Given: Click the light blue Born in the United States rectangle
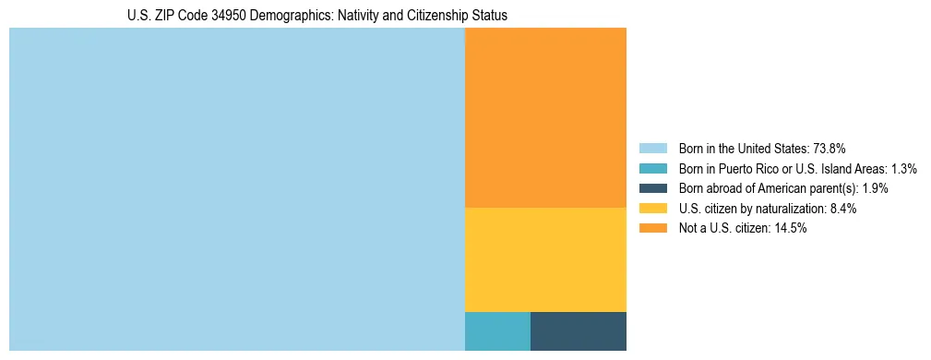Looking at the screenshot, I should [x=236, y=189].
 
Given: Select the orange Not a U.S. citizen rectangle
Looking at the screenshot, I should [x=545, y=117].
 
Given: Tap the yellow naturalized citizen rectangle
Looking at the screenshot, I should [x=545, y=259].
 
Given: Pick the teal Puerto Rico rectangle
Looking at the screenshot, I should [x=497, y=331].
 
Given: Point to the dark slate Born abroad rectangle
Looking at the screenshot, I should [x=579, y=331].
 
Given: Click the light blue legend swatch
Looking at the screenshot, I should [x=652, y=149].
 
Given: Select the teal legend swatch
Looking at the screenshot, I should [x=652, y=169].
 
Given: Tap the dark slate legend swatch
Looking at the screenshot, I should [x=652, y=188].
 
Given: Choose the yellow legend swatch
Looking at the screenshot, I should [x=652, y=209].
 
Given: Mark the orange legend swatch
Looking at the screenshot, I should [x=652, y=229].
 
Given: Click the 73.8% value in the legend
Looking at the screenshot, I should [x=830, y=149].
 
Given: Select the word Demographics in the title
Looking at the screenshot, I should [x=296, y=16].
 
